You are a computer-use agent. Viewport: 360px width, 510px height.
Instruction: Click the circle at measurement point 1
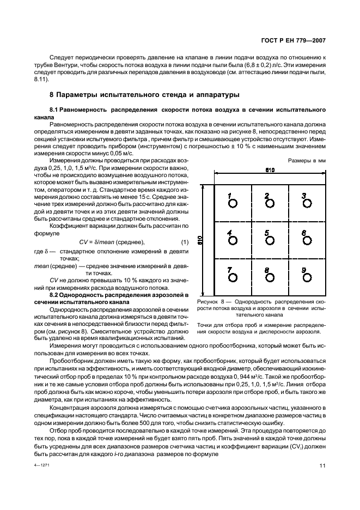tap(233, 203)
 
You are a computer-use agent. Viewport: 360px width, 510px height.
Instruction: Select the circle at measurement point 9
tap(308, 203)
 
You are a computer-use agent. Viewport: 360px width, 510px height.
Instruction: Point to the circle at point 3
tap(308, 203)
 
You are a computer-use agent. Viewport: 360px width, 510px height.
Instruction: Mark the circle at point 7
tap(233, 277)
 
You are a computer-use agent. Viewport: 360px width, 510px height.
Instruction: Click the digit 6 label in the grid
tap(304, 233)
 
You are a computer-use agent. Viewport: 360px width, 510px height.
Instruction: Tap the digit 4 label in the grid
tap(229, 233)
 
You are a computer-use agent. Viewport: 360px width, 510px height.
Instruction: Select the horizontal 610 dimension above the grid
tap(270, 171)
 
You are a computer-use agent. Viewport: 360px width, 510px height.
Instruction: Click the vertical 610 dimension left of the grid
tap(200, 240)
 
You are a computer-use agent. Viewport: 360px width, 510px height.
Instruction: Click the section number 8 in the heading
tap(52, 94)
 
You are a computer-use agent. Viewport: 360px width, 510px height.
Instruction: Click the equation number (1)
tap(184, 242)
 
